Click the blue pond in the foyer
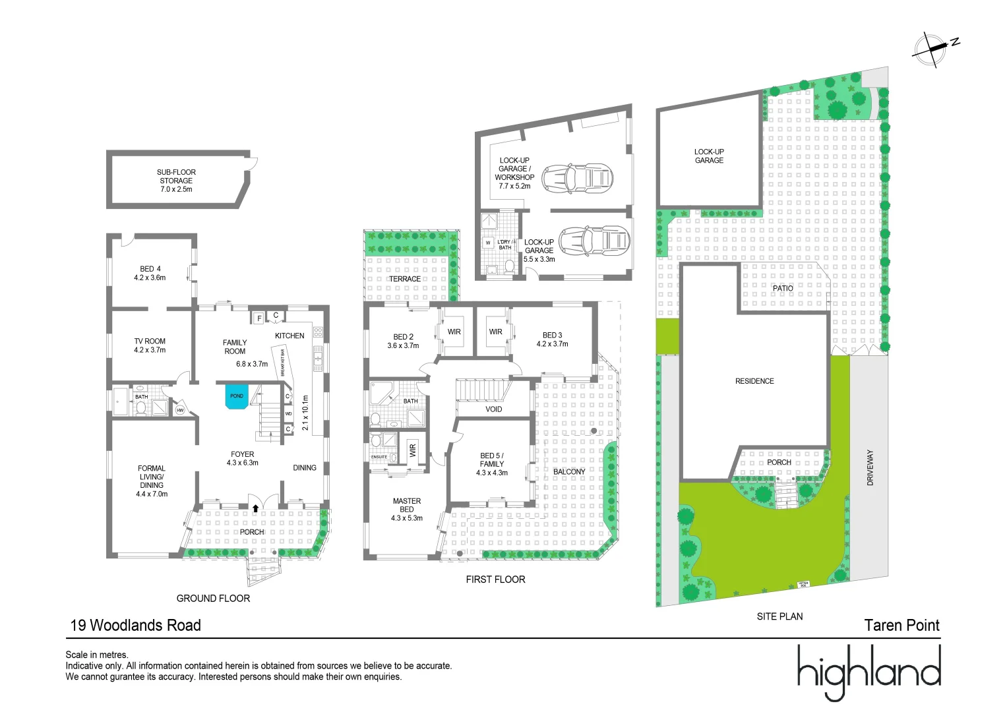point(237,397)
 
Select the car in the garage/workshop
point(578,178)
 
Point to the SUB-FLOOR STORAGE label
point(176,181)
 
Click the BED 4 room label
point(150,273)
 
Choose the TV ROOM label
point(150,345)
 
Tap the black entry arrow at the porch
point(255,508)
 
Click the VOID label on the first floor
point(493,409)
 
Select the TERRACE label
point(405,279)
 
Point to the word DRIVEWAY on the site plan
point(870,467)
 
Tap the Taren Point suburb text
point(901,625)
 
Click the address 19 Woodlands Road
point(136,625)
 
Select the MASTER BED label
point(407,509)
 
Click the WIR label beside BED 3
point(495,332)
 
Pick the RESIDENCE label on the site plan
point(754,381)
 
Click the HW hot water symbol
point(180,410)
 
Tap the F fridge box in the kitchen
point(259,318)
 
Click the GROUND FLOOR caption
point(213,598)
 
